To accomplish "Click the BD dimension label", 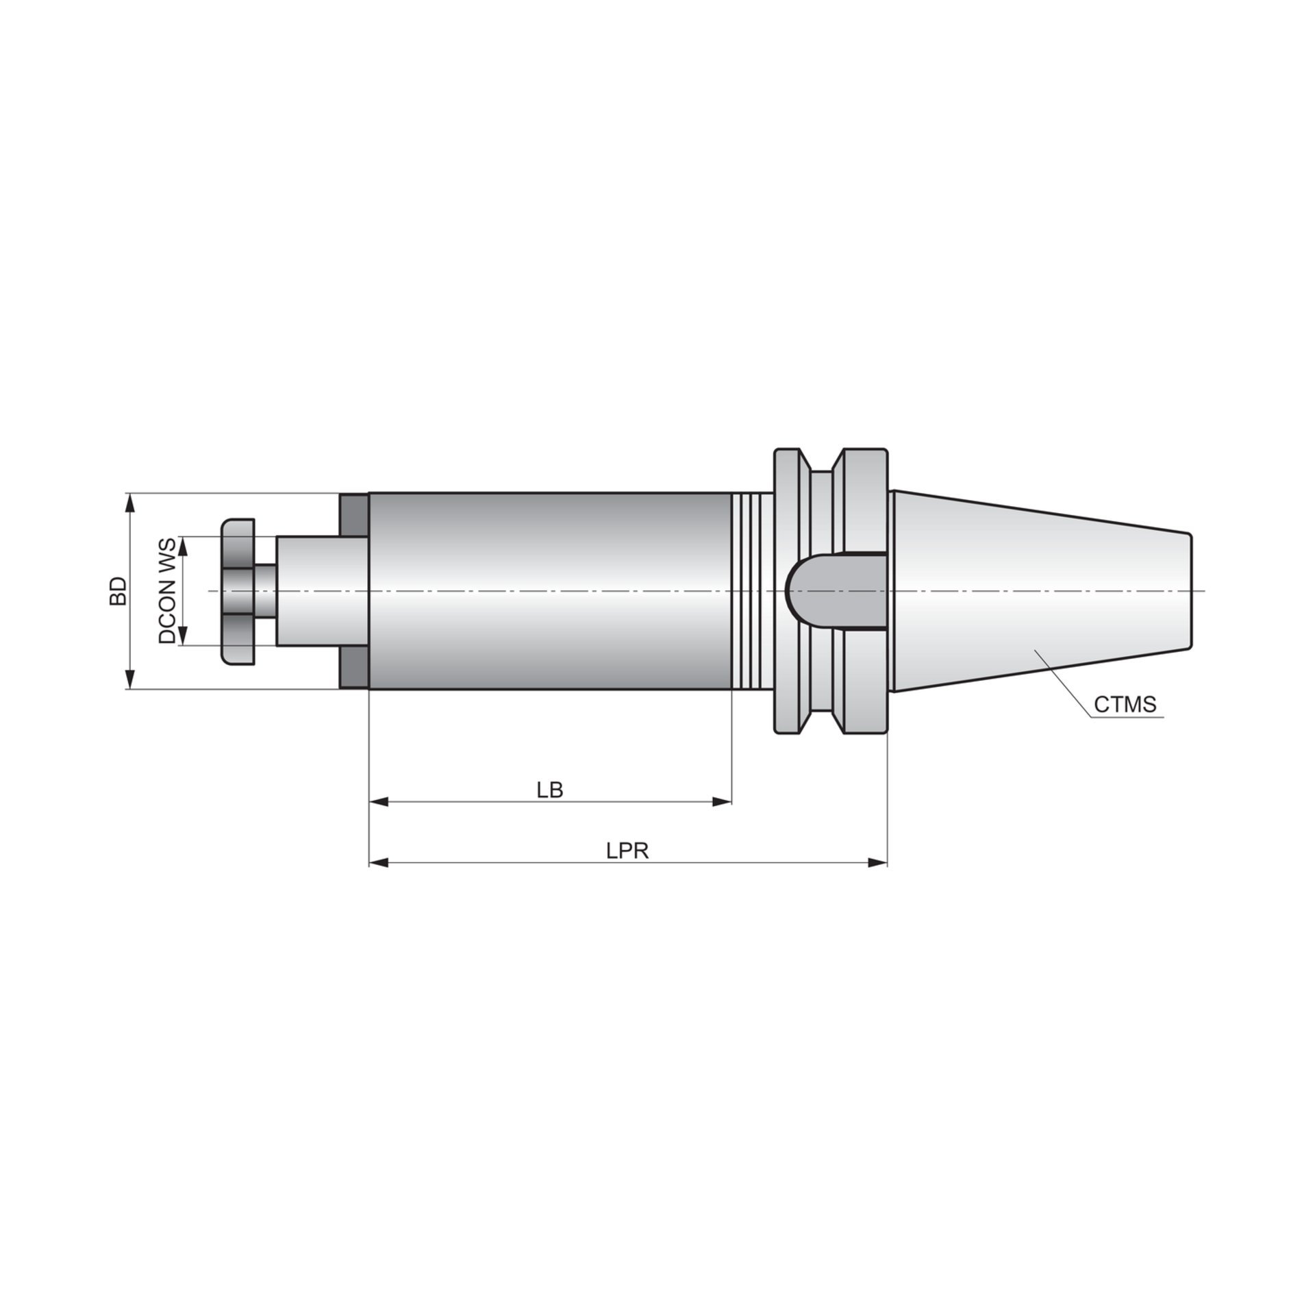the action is [118, 590].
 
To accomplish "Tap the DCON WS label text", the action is [168, 590].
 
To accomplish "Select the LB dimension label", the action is [550, 790].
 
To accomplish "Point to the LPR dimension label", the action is [627, 851].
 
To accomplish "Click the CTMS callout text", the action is [1125, 704].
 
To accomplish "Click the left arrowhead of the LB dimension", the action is [379, 802].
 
